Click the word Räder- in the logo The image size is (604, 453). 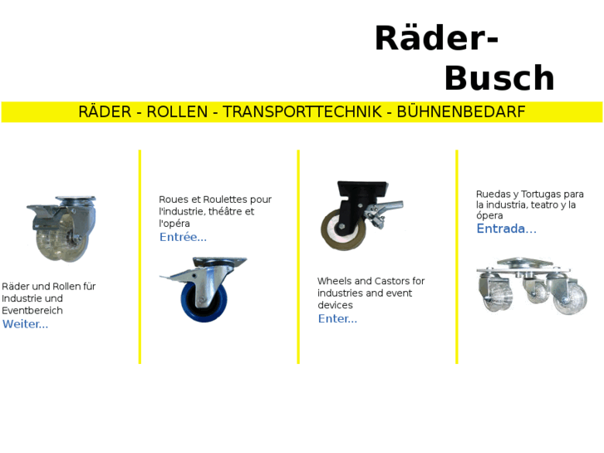click(435, 39)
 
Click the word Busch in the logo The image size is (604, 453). click(498, 79)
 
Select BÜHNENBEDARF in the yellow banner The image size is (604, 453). click(461, 112)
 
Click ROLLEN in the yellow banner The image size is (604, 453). click(177, 112)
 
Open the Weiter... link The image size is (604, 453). click(25, 324)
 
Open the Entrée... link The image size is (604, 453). click(183, 237)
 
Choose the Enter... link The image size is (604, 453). click(337, 318)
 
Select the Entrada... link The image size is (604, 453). click(506, 229)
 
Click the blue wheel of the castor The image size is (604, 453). click(200, 302)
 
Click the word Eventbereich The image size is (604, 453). click(32, 311)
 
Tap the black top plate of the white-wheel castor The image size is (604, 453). click(362, 188)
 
